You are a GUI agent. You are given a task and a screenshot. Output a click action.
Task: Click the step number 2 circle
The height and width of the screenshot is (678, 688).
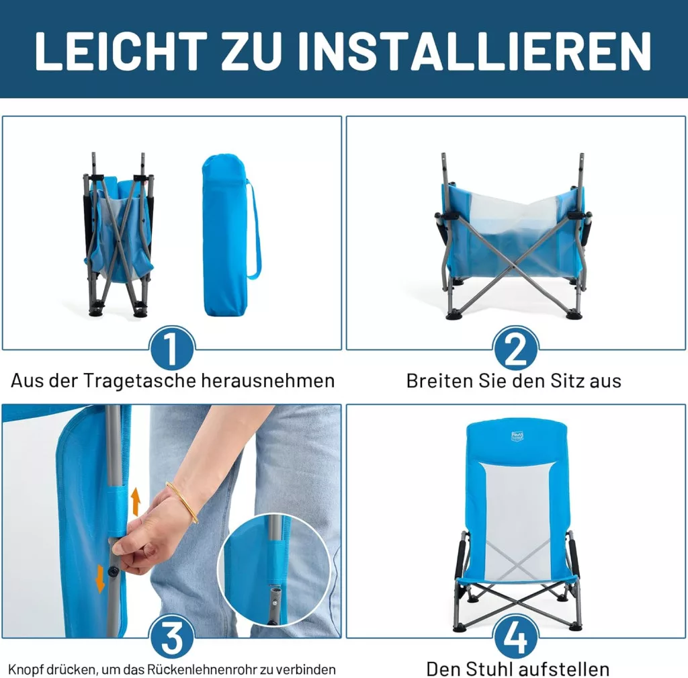pyautogui.click(x=515, y=349)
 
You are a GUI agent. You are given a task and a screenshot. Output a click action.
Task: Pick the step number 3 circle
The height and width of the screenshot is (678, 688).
pyautogui.click(x=171, y=637)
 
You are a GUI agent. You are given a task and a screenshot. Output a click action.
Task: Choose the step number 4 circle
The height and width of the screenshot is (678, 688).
pyautogui.click(x=515, y=637)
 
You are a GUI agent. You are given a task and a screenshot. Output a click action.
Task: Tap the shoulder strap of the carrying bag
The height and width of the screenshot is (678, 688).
pyautogui.click(x=255, y=230)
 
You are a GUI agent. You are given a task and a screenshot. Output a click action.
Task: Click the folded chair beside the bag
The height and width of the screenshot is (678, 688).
pyautogui.click(x=118, y=235)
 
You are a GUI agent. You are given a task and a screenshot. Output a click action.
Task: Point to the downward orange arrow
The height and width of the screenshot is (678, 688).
pyautogui.click(x=101, y=579)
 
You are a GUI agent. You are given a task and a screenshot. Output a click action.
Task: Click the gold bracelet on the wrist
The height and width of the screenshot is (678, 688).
pyautogui.click(x=183, y=501)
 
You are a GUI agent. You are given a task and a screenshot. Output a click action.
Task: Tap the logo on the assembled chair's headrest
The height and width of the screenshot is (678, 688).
pyautogui.click(x=517, y=436)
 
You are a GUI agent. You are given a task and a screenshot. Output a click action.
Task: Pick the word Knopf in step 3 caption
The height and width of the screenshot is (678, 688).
pyautogui.click(x=26, y=670)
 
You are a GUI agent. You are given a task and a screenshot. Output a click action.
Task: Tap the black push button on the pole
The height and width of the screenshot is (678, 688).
pyautogui.click(x=114, y=570)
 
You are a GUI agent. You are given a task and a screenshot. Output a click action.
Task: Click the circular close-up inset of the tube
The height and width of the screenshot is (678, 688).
pyautogui.click(x=274, y=570)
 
